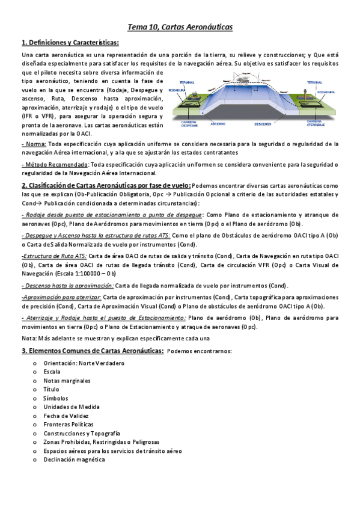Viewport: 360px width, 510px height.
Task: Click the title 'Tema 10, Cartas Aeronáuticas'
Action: [180, 27]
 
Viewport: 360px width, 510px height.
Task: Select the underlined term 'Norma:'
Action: [34, 144]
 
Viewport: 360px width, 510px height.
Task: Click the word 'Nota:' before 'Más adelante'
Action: [29, 337]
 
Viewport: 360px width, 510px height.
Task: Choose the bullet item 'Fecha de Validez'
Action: [66, 416]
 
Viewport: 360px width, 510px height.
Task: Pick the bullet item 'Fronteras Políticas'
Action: [69, 425]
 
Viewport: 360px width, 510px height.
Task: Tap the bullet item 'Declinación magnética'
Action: [73, 459]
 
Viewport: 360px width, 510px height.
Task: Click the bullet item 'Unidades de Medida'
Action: [71, 407]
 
